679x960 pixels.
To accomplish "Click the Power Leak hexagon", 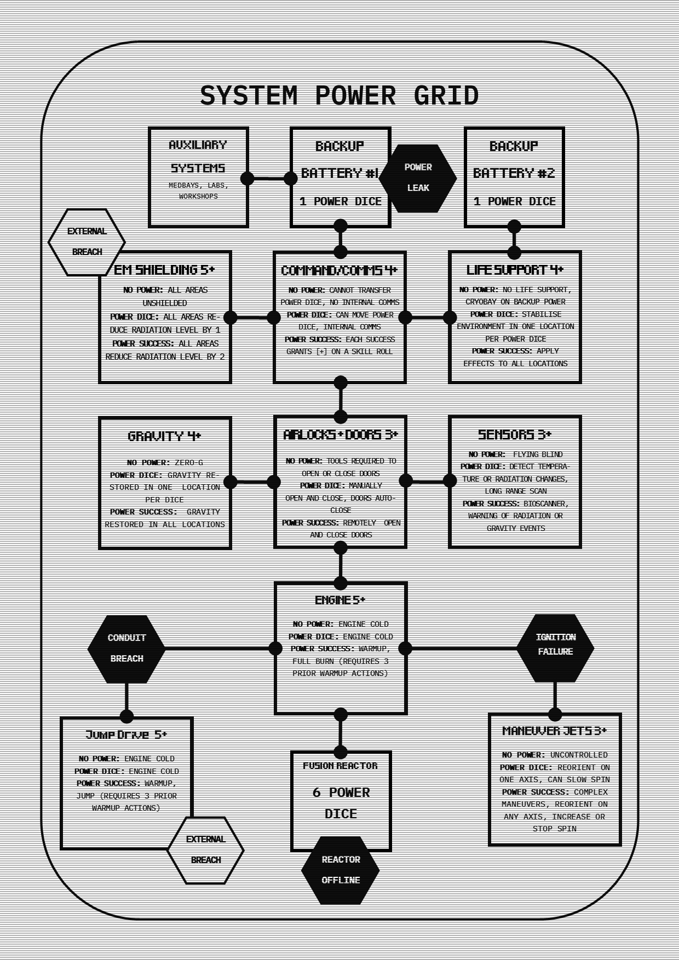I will point(418,178).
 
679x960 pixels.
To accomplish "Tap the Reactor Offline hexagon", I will point(340,870).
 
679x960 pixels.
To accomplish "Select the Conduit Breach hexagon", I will point(126,649).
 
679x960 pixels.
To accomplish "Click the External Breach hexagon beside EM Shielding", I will point(87,241).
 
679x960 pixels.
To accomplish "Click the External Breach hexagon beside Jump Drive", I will point(205,850).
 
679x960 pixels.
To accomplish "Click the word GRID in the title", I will point(446,96).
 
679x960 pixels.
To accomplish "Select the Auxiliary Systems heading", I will point(198,157).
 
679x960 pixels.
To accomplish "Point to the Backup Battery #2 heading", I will point(514,160).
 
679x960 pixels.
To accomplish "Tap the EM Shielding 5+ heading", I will point(164,270).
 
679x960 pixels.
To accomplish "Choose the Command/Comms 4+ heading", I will point(339,270).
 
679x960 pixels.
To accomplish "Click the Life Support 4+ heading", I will point(515,270).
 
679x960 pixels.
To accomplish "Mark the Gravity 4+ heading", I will point(164,436).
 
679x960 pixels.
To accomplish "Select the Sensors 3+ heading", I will point(515,435).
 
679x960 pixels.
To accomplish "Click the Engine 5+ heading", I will point(340,600).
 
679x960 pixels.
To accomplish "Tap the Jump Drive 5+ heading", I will point(126,735).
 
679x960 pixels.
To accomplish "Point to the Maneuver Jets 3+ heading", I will point(555,731).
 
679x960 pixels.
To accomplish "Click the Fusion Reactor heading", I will point(340,766).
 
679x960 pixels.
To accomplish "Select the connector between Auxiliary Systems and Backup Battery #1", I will point(269,178).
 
